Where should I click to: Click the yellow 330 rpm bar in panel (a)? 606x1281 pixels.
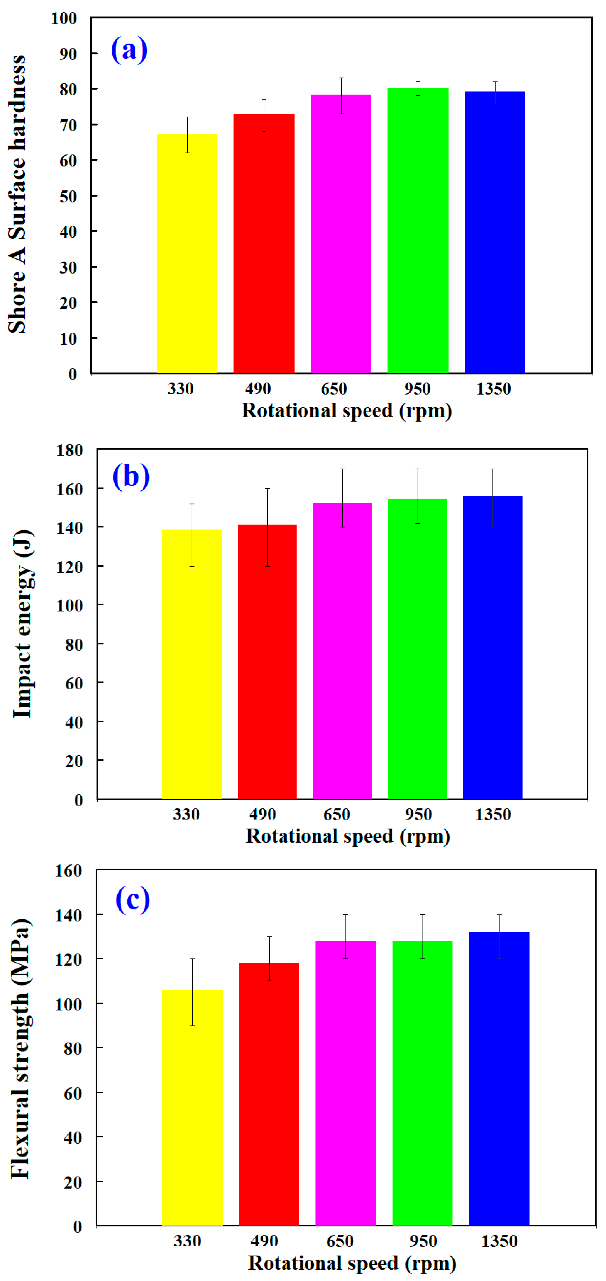[187, 254]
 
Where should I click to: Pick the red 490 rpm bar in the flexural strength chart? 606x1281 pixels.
[269, 1094]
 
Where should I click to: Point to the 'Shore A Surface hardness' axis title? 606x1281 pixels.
[17, 194]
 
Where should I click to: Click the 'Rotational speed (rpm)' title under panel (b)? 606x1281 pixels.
[348, 836]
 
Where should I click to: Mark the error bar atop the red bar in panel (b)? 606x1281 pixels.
[267, 527]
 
